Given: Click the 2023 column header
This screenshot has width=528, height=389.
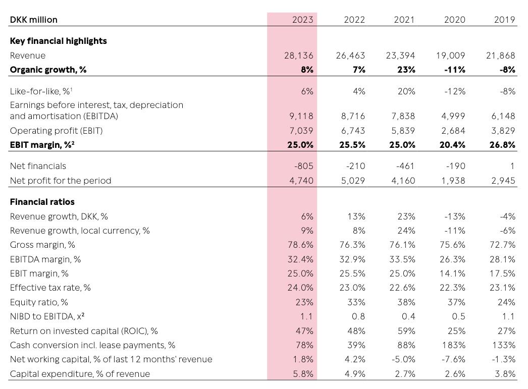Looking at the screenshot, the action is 302,20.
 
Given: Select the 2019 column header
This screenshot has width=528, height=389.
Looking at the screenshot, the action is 504,20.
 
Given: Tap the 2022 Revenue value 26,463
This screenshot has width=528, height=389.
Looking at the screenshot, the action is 350,55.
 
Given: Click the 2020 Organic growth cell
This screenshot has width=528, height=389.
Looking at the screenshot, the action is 455,70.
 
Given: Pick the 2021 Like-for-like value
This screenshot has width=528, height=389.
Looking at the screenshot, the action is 406,91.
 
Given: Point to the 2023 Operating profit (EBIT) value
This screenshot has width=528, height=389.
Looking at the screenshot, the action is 301,131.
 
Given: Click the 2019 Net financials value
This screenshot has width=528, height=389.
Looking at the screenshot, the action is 512,166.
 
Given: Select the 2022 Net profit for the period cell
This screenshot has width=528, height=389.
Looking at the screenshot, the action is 353,181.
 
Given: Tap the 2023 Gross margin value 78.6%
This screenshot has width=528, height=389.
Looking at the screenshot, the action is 300,245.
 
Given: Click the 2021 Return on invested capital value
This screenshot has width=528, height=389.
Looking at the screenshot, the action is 406,331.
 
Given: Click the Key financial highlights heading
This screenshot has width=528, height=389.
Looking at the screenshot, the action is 58,41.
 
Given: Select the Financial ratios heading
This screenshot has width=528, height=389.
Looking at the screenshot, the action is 42,202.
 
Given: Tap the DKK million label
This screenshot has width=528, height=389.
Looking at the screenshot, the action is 34,20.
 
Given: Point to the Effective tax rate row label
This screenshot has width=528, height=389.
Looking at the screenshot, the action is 50,288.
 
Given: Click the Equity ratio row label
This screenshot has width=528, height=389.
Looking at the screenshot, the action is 39,302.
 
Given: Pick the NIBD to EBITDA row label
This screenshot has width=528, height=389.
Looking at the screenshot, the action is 47,316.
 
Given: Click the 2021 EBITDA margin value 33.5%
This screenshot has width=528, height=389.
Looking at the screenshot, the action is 402,259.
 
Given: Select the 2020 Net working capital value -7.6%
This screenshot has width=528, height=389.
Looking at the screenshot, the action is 454,359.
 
